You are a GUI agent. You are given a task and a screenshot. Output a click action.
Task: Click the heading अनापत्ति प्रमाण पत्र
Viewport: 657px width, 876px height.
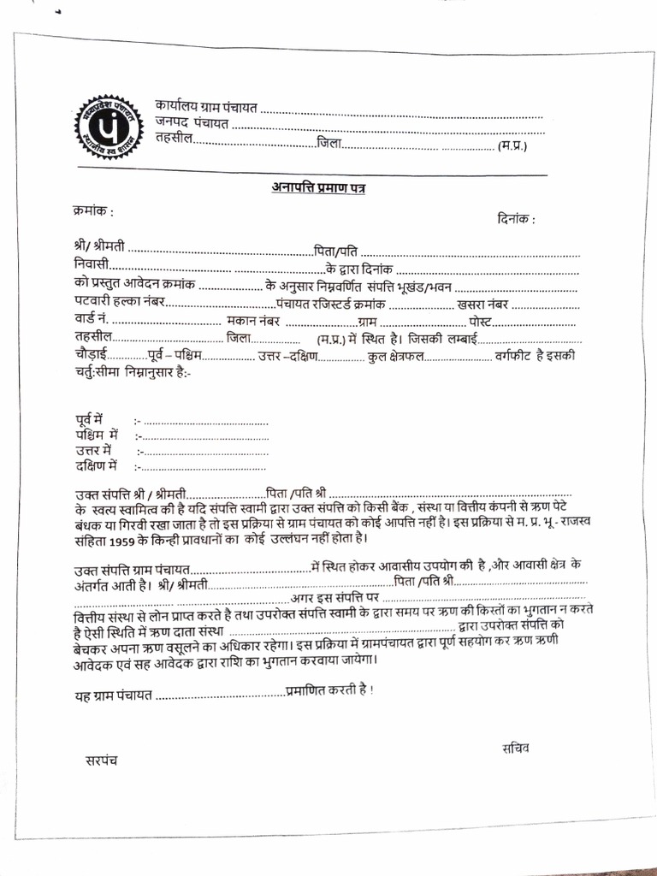tap(319, 187)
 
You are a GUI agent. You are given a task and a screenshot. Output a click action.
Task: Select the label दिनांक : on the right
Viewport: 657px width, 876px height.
tap(516, 220)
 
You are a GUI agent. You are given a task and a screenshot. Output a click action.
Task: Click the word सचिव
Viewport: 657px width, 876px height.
tap(517, 748)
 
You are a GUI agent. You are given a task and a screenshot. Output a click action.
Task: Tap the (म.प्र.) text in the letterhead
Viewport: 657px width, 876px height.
tap(512, 145)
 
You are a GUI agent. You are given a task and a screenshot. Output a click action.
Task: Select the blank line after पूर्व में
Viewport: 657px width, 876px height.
tap(205, 422)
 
